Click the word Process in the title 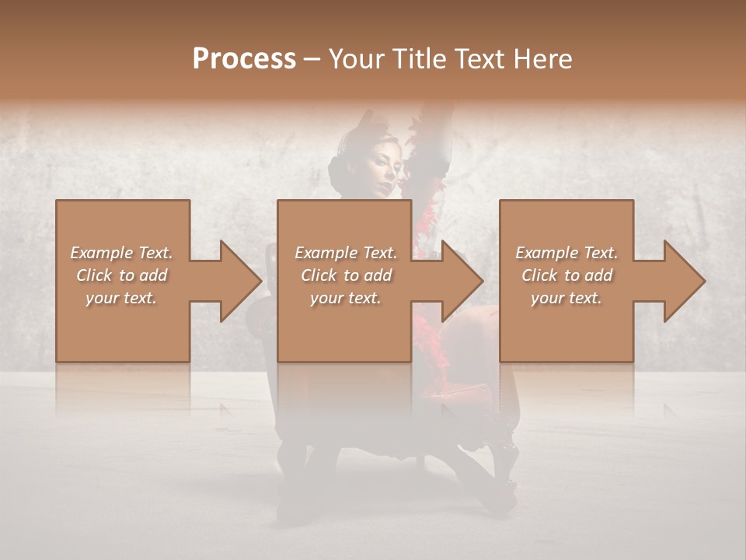244,59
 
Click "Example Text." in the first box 121,253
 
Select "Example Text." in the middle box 346,253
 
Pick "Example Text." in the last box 566,253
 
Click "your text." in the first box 121,298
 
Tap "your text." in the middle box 346,298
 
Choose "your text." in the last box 566,298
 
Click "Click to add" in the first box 121,275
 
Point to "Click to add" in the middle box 346,275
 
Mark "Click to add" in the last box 566,275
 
